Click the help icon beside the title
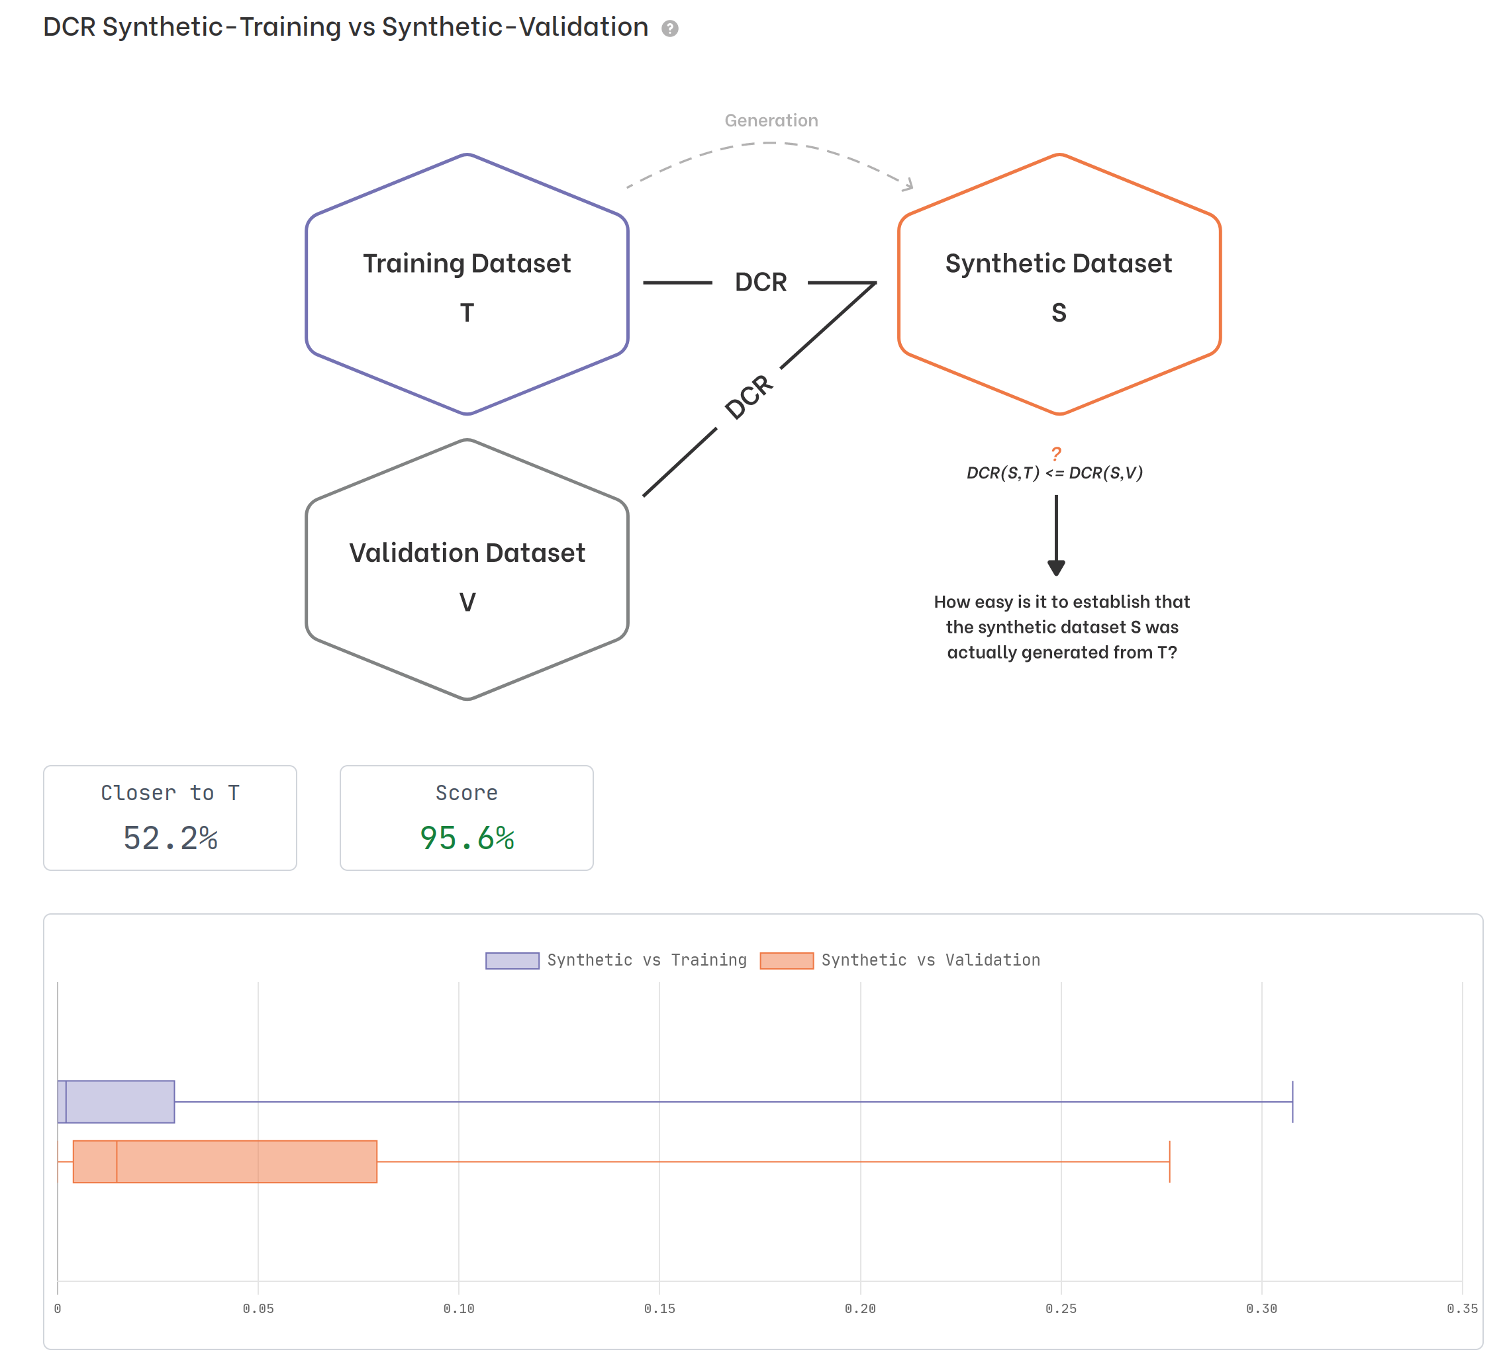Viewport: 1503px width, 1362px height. coord(669,28)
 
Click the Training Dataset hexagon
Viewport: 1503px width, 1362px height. coord(467,284)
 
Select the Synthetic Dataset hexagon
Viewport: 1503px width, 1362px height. coord(1059,284)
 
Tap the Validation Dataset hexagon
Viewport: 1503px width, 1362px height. coord(467,570)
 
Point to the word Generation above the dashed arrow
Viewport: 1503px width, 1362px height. coord(771,120)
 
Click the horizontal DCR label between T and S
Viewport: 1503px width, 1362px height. coord(761,283)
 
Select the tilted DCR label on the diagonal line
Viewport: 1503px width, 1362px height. coord(748,396)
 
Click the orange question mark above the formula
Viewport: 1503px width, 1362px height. coord(1055,453)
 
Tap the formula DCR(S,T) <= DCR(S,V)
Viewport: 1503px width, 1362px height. coord(1054,473)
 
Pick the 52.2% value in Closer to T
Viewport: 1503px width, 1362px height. coord(170,839)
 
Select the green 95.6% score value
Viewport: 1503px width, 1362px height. coord(467,839)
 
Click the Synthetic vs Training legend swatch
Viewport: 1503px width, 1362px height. coord(512,960)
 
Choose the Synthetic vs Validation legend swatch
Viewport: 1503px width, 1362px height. coord(787,960)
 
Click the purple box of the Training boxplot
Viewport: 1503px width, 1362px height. coord(119,1101)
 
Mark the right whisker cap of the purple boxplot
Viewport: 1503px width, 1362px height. coord(1292,1101)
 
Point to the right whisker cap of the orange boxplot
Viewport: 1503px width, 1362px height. coord(1169,1161)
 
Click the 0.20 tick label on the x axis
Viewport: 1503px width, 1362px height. coord(859,1308)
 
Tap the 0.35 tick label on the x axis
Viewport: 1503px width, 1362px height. coord(1461,1308)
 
